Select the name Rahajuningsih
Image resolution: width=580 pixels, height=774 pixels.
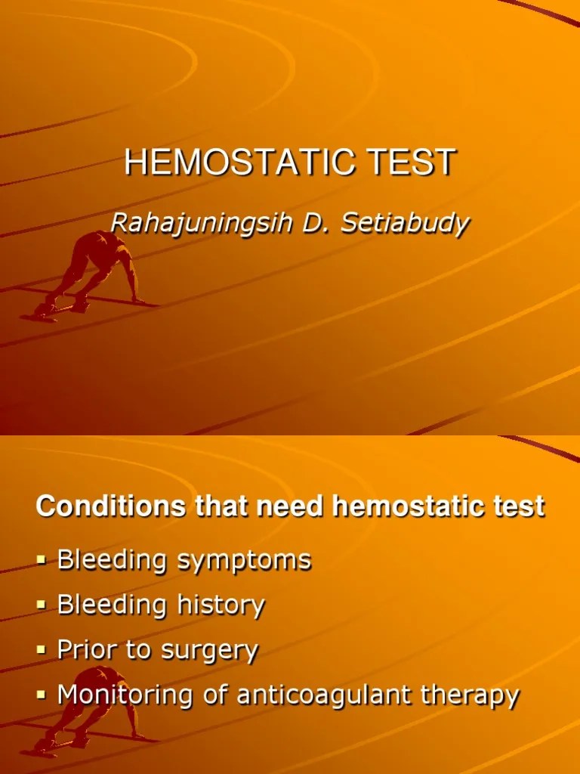197,223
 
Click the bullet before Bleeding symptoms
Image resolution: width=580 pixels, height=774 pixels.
42,561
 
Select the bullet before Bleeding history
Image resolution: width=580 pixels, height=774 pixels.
42,605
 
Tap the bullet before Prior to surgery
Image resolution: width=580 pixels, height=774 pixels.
42,650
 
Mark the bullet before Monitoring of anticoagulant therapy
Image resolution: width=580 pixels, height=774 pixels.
42,695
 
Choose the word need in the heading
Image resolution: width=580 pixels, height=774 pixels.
291,506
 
